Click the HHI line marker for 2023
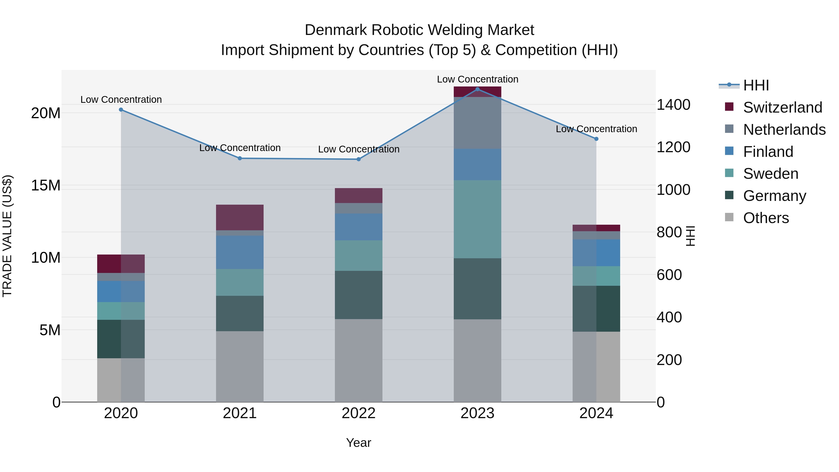[x=478, y=89]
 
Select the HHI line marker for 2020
[x=121, y=110]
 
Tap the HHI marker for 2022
[x=359, y=159]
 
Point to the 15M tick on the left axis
[x=46, y=185]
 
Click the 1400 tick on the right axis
[x=673, y=105]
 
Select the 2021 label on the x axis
[x=240, y=413]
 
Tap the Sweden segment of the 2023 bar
[x=478, y=219]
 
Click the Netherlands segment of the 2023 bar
[x=478, y=123]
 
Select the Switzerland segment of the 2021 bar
[x=240, y=218]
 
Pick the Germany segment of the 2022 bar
[x=359, y=295]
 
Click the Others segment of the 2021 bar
[x=240, y=366]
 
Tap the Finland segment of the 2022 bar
[x=359, y=227]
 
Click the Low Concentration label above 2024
[x=596, y=129]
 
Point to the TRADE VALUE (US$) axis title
[x=7, y=236]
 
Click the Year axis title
[x=359, y=443]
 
